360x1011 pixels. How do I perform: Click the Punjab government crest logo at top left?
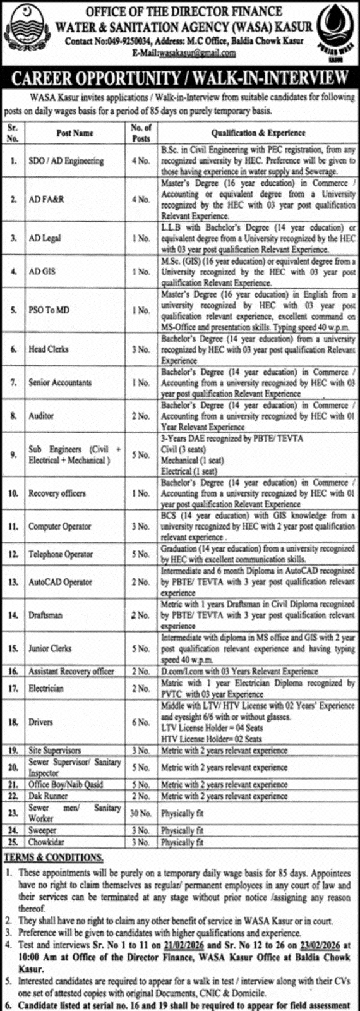pos(25,30)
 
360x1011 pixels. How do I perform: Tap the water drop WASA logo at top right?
pos(335,32)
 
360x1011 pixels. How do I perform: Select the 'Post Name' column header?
pos(75,133)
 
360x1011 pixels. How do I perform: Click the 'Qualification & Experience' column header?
pos(258,133)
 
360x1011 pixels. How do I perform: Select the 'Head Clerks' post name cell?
pos(49,349)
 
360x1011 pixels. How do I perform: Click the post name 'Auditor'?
pos(40,416)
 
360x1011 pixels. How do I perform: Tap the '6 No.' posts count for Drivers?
pos(140,722)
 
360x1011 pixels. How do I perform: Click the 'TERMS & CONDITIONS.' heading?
pos(54,857)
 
